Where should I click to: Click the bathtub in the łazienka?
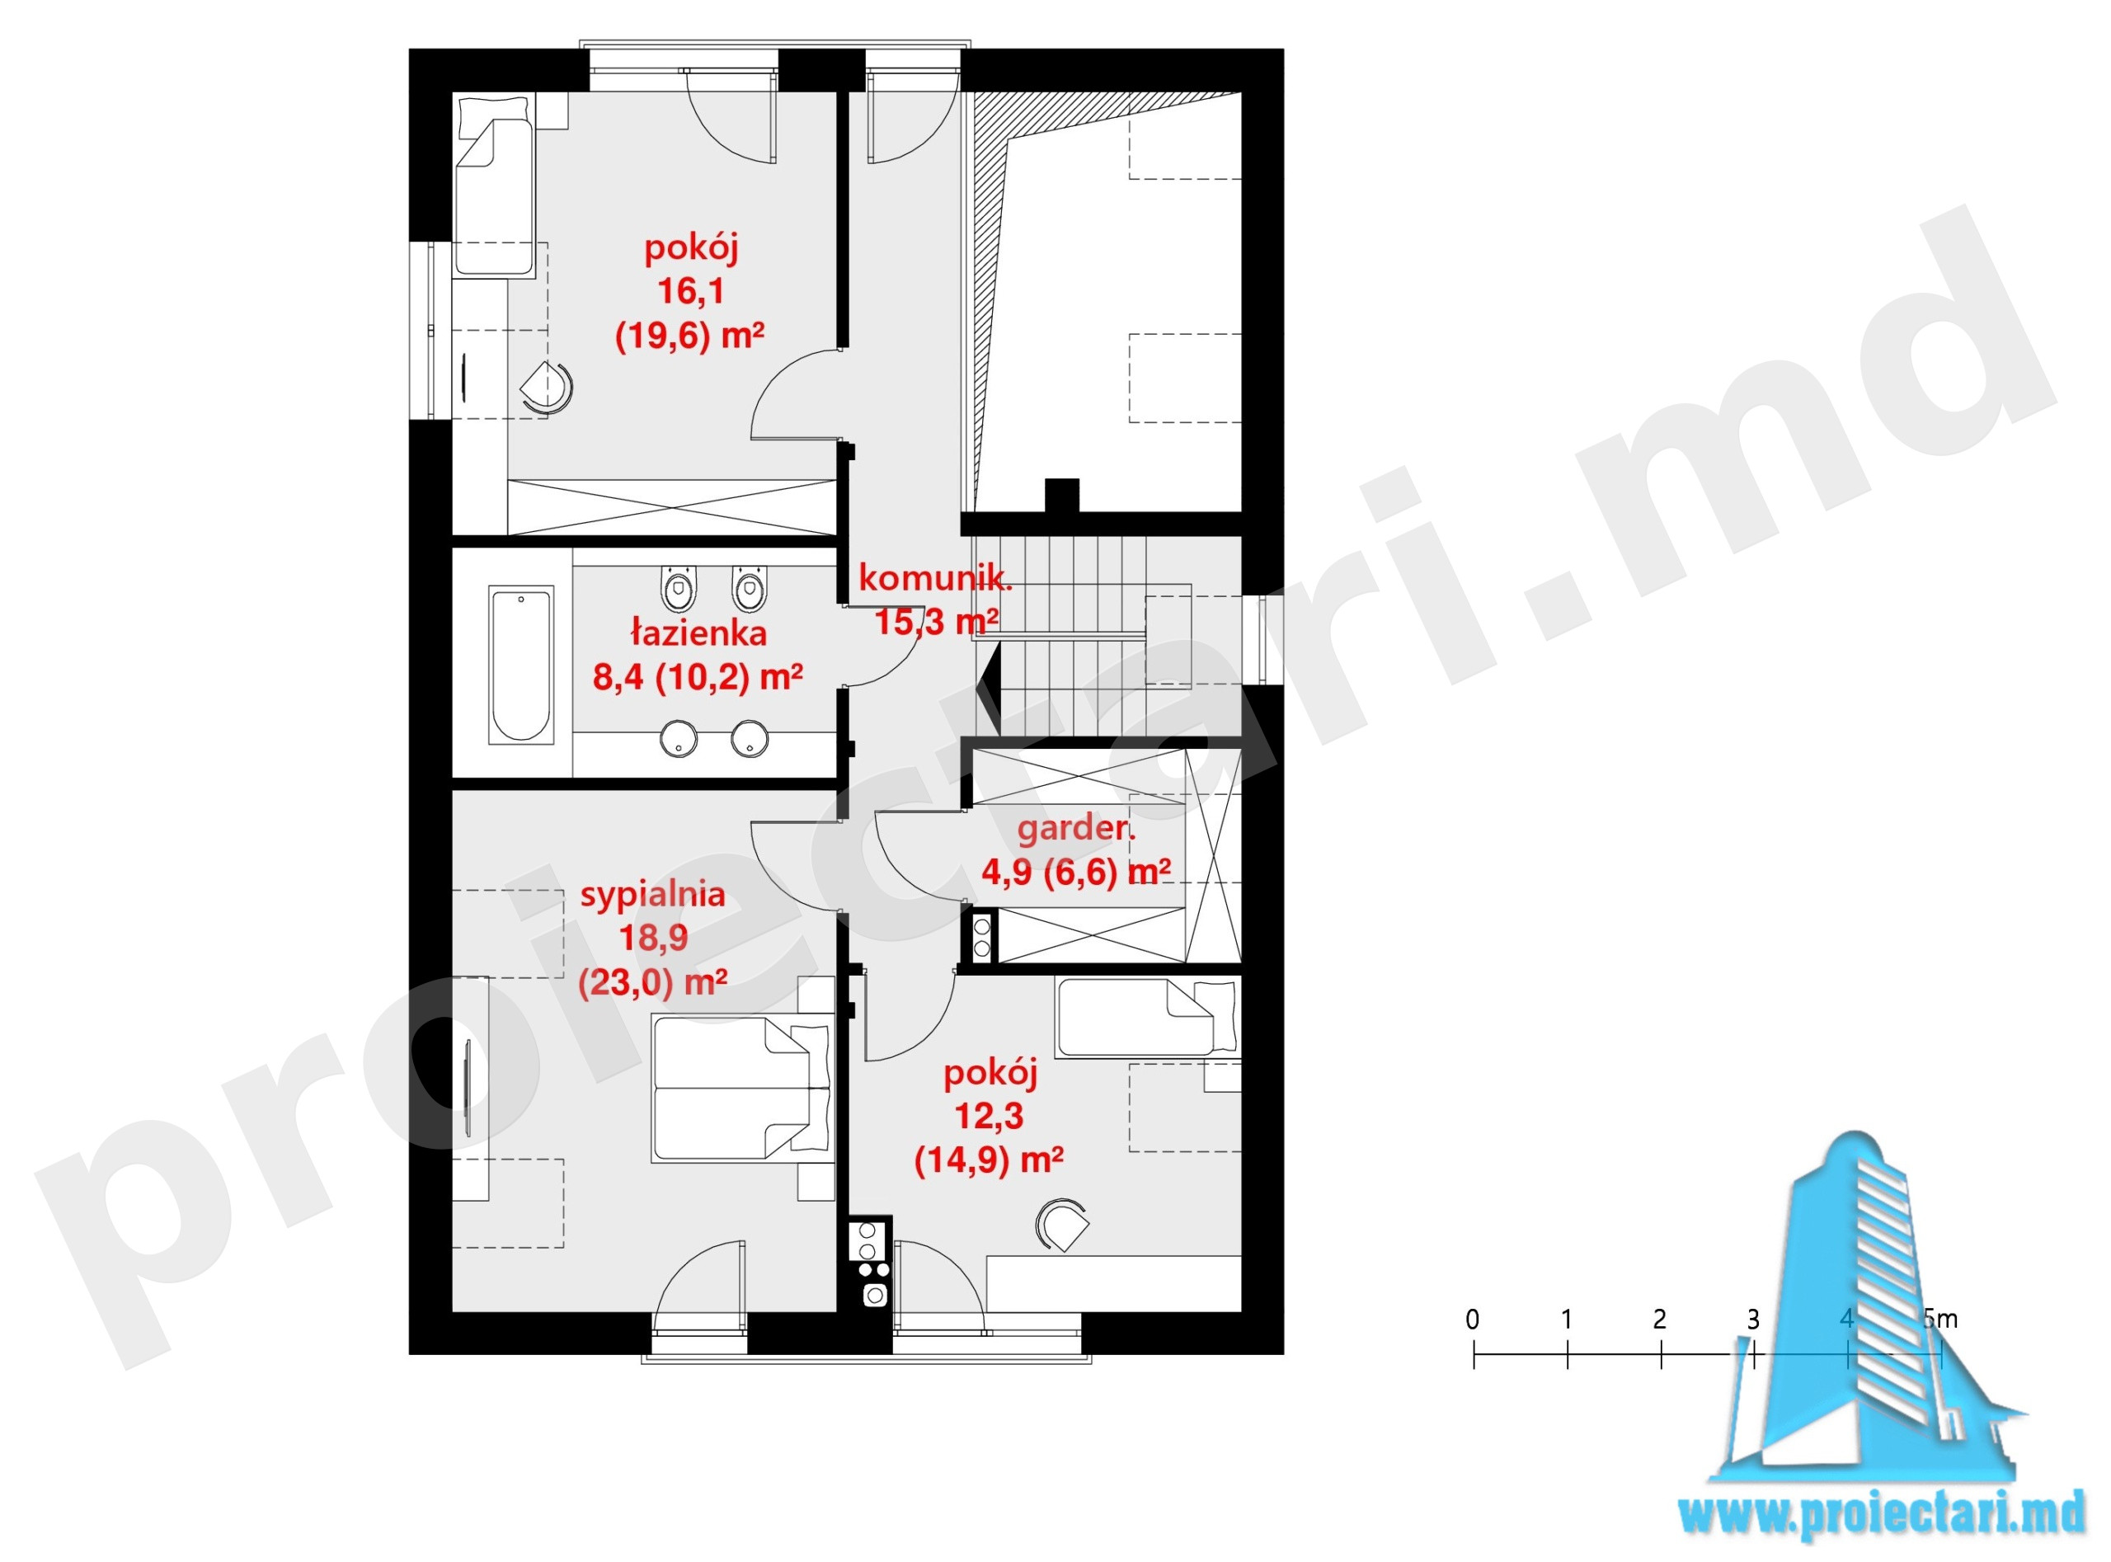click(x=520, y=665)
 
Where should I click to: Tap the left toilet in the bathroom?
click(x=678, y=588)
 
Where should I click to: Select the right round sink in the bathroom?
click(x=749, y=738)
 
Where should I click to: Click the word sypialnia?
click(x=652, y=895)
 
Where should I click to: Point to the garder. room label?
click(x=1076, y=829)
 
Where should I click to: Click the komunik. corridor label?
click(x=935, y=578)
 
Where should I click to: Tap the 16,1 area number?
click(x=691, y=291)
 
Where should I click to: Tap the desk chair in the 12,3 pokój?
click(x=1063, y=1226)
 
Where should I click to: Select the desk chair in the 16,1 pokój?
click(x=548, y=388)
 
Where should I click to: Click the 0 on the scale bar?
click(x=1472, y=1319)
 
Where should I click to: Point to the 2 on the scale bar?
click(x=1659, y=1319)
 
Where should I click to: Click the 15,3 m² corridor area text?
click(x=936, y=621)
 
